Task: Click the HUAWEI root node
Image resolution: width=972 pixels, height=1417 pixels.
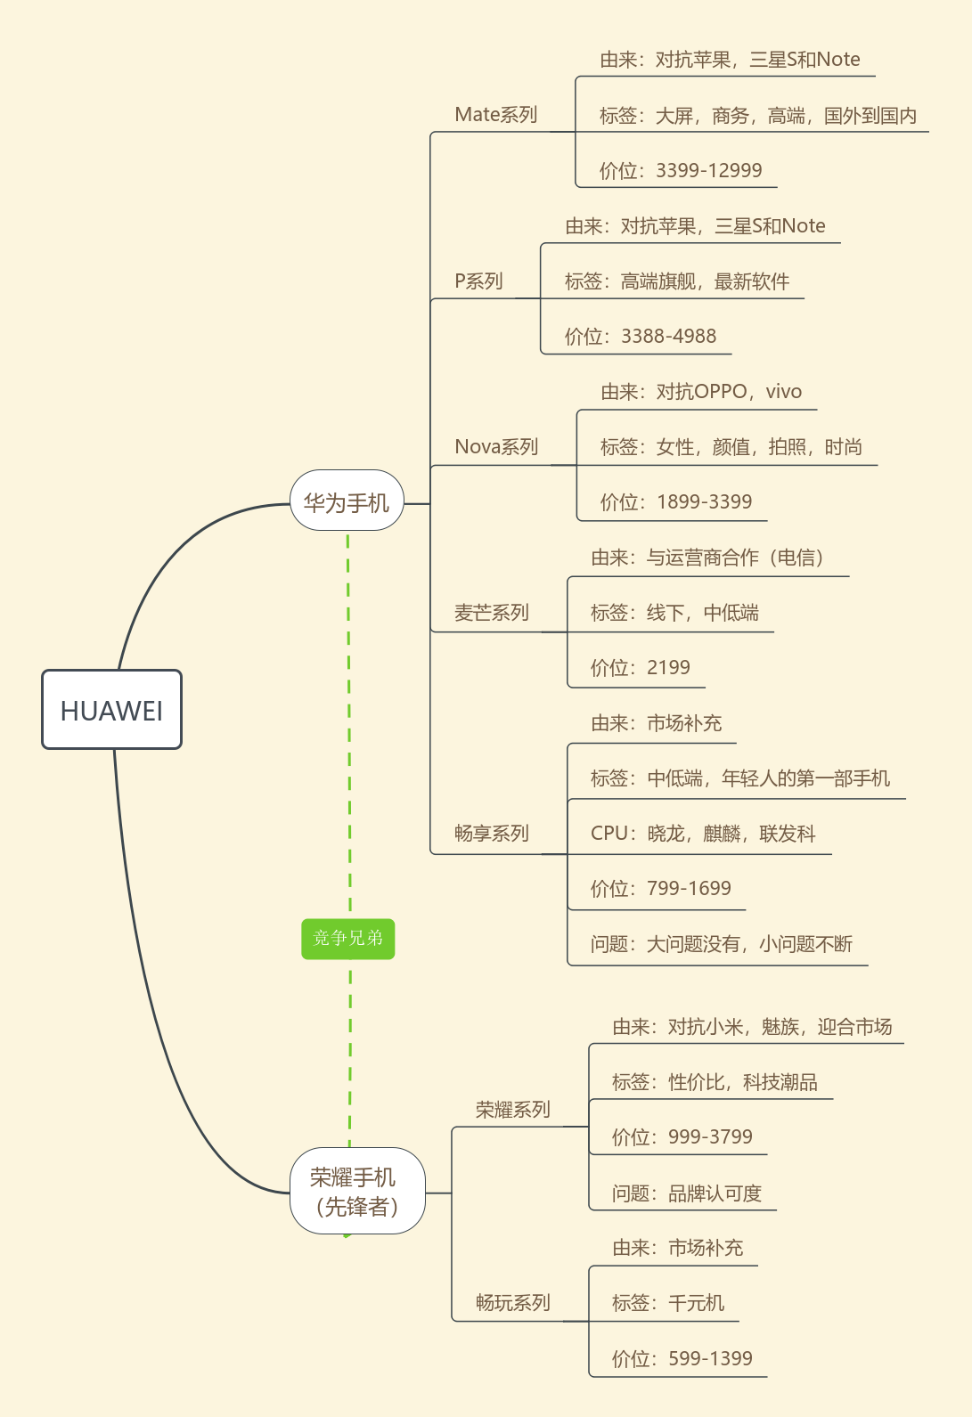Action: click(111, 710)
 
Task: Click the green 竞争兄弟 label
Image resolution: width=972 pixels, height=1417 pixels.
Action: click(347, 938)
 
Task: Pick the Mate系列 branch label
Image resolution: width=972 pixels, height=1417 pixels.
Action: click(496, 114)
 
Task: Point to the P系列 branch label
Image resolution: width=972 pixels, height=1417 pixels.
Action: click(478, 281)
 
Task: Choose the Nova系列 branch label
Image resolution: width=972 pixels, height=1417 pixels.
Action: click(496, 446)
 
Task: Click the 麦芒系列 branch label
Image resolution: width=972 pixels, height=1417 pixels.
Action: click(491, 612)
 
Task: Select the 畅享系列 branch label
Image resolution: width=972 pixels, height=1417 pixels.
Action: click(491, 833)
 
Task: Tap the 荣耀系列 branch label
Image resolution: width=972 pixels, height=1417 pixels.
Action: click(512, 1109)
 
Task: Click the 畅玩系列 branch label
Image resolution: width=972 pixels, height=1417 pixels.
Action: click(512, 1302)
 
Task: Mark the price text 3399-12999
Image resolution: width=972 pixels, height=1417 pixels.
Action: click(708, 170)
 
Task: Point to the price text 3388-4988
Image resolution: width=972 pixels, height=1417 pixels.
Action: click(668, 336)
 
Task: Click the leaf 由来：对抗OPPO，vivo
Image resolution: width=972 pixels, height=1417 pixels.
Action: click(700, 391)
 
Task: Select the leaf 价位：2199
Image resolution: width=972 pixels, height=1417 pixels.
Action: click(640, 667)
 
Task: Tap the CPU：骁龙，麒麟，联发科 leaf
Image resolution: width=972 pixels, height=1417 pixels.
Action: click(703, 833)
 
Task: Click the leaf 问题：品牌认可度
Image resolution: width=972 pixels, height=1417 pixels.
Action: click(686, 1193)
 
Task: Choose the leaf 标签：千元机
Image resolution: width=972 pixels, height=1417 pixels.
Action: click(667, 1303)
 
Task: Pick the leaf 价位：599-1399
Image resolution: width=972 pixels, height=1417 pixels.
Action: click(682, 1358)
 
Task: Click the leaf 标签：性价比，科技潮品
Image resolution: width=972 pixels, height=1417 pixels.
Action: click(715, 1081)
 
